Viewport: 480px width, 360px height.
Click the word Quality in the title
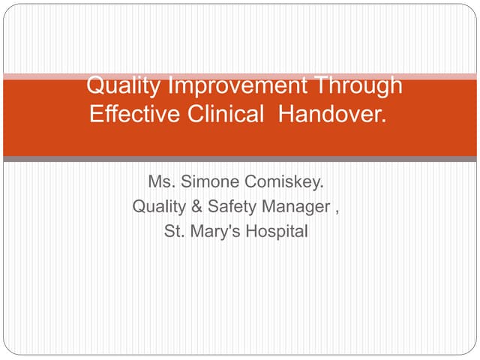pyautogui.click(x=124, y=86)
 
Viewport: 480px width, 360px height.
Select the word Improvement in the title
pyautogui.click(x=236, y=86)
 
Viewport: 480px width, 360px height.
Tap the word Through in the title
pyautogui.click(x=358, y=86)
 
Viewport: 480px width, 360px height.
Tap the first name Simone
pyautogui.click(x=209, y=181)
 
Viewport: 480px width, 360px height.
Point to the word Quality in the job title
pyautogui.click(x=157, y=206)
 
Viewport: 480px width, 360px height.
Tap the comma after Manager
pyautogui.click(x=337, y=209)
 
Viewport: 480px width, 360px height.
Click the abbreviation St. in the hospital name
pyautogui.click(x=173, y=232)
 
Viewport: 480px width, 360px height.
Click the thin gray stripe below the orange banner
pyautogui.click(x=240, y=159)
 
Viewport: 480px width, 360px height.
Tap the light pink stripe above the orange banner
pyautogui.click(x=240, y=76)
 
